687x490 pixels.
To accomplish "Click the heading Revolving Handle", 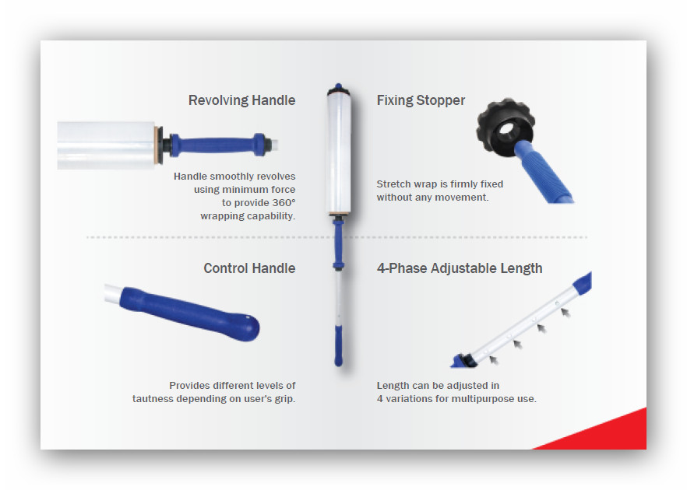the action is pyautogui.click(x=241, y=100).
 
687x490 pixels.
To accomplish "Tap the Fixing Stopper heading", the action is pyautogui.click(x=421, y=100).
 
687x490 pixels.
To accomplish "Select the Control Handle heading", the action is pyautogui.click(x=249, y=268).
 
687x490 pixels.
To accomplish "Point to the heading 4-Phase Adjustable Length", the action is pyautogui.click(x=460, y=268).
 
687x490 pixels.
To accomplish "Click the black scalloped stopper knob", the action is pyautogui.click(x=504, y=124).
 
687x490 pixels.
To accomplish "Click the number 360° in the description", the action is pyautogui.click(x=284, y=203).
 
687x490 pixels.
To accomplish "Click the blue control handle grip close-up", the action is pyautogui.click(x=189, y=313).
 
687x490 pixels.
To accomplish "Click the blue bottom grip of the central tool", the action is pyautogui.click(x=338, y=345).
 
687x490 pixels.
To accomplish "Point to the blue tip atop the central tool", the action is pyautogui.click(x=338, y=86).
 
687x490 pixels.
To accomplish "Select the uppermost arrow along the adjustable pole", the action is pyautogui.click(x=565, y=313).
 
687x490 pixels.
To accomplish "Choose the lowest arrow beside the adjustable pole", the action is pyautogui.click(x=494, y=360).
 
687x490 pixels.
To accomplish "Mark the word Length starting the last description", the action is pyautogui.click(x=392, y=386).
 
